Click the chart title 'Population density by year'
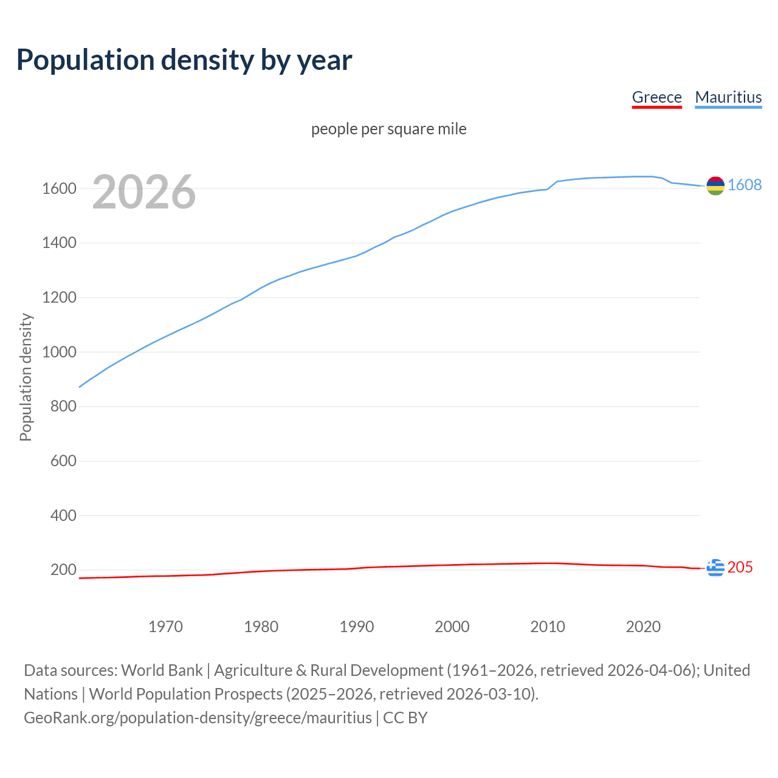(x=184, y=60)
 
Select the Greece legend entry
(x=656, y=97)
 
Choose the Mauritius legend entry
(x=728, y=97)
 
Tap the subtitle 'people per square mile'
(x=388, y=129)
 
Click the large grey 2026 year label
(x=144, y=192)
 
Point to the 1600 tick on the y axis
(x=59, y=188)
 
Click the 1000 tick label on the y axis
(x=59, y=352)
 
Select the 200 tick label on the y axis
(x=63, y=570)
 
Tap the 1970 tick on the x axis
(x=165, y=627)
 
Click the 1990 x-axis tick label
(x=357, y=627)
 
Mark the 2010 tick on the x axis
(x=548, y=627)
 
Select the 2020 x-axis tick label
(x=643, y=627)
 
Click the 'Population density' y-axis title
(x=26, y=377)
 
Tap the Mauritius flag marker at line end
(x=715, y=186)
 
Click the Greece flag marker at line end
(x=715, y=568)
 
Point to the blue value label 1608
(x=745, y=185)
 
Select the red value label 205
(x=740, y=567)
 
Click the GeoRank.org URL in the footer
(x=198, y=718)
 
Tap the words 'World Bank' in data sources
(x=162, y=670)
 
